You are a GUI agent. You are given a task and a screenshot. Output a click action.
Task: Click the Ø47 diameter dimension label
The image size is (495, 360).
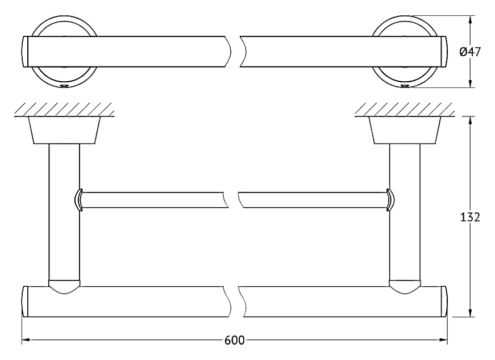tap(470, 52)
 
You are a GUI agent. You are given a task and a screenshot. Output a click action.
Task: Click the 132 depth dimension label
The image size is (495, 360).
tap(470, 217)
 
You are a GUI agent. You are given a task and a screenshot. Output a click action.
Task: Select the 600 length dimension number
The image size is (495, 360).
tap(235, 340)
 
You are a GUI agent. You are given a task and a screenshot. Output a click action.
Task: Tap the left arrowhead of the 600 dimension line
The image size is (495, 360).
tap(26, 340)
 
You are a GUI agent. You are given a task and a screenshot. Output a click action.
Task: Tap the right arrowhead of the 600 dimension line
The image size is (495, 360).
tap(443, 340)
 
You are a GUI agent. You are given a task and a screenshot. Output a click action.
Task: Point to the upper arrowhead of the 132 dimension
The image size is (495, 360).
tap(471, 121)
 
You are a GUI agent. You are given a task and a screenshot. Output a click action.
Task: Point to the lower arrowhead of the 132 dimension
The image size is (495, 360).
tap(471, 312)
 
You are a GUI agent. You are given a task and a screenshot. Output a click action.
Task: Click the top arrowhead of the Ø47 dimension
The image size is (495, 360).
tap(471, 20)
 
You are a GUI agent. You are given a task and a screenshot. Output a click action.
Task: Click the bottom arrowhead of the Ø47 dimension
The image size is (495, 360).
tap(471, 83)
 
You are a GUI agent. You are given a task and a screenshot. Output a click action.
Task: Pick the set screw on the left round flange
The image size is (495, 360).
tap(64, 86)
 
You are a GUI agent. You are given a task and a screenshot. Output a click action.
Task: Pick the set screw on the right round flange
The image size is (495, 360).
tap(405, 86)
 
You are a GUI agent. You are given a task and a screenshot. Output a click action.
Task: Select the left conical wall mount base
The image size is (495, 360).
tap(64, 130)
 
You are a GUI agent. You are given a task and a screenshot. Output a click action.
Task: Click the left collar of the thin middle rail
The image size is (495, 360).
tap(78, 200)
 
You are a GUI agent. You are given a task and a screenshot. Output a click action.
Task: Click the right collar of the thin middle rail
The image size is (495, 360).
tap(390, 200)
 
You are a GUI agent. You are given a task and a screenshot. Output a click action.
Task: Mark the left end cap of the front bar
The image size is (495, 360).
tap(25, 302)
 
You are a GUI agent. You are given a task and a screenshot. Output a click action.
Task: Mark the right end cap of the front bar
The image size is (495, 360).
tap(444, 302)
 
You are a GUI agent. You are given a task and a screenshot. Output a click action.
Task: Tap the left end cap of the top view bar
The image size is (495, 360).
tap(25, 52)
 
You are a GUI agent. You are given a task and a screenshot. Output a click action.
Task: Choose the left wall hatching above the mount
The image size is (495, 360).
tap(64, 110)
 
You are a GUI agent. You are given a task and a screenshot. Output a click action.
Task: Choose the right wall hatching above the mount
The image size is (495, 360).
tap(405, 110)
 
